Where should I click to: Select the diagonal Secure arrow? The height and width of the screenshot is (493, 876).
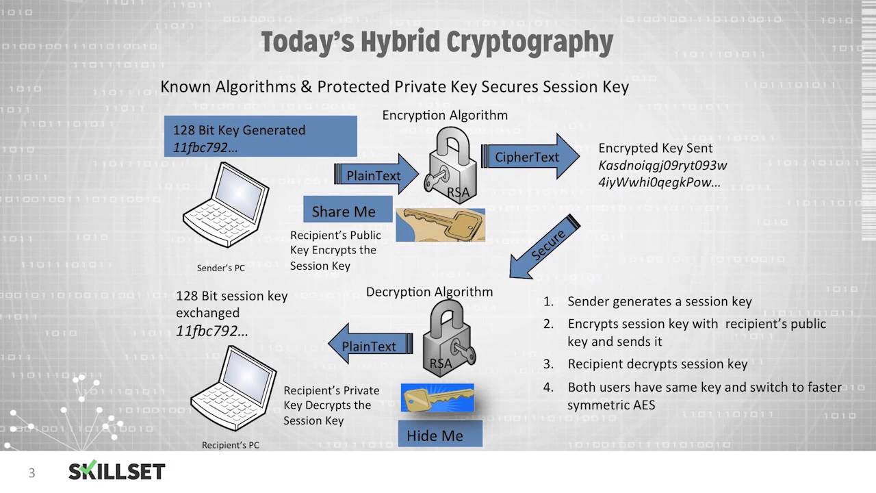545,247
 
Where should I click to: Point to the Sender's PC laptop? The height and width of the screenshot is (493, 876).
226,205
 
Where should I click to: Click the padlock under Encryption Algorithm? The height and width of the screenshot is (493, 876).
451,168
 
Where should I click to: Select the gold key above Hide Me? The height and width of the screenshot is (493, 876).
437,398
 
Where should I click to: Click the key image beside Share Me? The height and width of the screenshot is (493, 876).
440,225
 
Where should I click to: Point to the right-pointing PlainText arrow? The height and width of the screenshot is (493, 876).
376,175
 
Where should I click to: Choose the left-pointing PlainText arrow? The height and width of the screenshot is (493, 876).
370,346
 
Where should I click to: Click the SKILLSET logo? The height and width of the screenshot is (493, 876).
116,471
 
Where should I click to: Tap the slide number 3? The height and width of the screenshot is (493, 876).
31,472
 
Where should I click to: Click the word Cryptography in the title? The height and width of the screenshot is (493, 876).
530,42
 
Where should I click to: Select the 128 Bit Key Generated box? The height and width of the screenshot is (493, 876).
260,136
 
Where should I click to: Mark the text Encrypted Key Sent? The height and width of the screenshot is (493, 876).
655,148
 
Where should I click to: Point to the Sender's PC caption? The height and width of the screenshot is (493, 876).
220,268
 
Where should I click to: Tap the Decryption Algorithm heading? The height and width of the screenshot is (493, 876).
429,292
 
